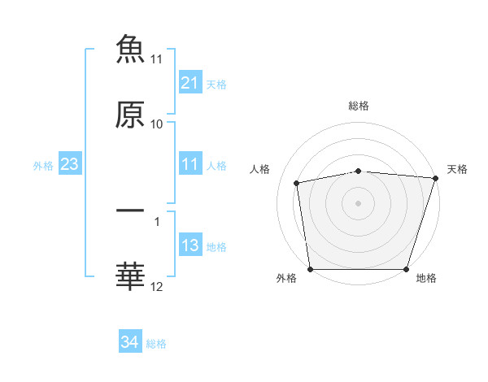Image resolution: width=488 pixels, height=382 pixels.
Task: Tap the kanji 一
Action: coord(130,211)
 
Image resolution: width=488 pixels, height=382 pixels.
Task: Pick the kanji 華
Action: coord(130,276)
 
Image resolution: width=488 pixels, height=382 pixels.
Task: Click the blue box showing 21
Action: coord(190,83)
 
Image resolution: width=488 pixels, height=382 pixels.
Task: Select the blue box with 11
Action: coord(190,165)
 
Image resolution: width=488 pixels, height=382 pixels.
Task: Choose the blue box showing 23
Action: coord(70,165)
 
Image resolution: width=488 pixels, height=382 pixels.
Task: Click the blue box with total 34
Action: coord(129,343)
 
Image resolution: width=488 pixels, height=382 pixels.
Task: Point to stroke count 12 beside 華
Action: coord(157,286)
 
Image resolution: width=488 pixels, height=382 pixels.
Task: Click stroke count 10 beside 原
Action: coord(157,124)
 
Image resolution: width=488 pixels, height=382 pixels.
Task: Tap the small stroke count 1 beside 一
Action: coord(157,219)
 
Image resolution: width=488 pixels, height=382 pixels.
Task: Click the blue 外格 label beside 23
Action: coord(43,166)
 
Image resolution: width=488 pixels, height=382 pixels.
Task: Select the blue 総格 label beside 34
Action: coord(156,344)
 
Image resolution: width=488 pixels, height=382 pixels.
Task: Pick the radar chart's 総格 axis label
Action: coord(359,106)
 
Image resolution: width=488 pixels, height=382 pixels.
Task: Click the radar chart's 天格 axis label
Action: coord(457,169)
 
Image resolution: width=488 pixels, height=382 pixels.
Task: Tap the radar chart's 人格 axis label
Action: coord(260,169)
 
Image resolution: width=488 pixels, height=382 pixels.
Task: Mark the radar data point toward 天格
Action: coord(434,178)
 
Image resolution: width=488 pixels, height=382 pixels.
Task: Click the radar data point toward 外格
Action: coord(311,269)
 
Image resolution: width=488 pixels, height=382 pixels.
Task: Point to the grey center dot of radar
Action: coord(359,202)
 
